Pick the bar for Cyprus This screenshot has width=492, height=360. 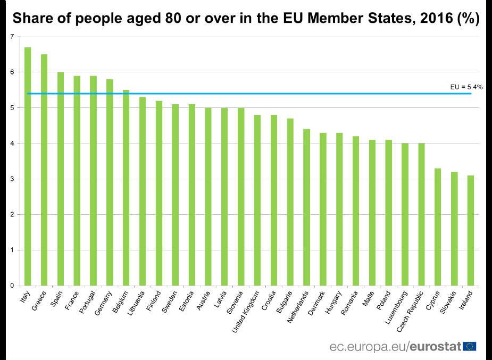pos(438,227)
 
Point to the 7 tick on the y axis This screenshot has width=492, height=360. pos(12,37)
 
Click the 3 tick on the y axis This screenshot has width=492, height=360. pos(12,179)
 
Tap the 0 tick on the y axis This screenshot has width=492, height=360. pos(12,286)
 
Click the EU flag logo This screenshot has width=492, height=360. pos(470,347)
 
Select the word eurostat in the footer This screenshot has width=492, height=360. pos(436,347)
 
